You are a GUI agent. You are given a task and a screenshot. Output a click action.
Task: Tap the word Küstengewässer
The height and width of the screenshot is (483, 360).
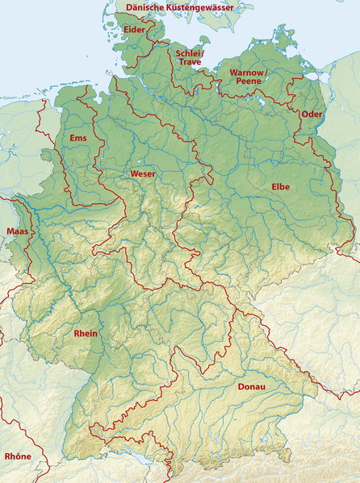(x=202, y=7)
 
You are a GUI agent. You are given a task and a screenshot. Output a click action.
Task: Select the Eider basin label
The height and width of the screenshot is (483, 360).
(x=135, y=30)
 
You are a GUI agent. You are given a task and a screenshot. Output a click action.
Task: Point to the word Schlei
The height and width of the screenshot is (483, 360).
(x=186, y=53)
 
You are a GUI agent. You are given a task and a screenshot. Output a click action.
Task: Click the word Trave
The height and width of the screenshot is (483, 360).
(x=190, y=62)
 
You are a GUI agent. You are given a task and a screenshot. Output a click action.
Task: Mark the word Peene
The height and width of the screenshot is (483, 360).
(x=249, y=81)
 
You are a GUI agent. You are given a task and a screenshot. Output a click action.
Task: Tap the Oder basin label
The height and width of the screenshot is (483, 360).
(x=311, y=114)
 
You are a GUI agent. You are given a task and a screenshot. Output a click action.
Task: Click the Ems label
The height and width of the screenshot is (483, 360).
(x=77, y=139)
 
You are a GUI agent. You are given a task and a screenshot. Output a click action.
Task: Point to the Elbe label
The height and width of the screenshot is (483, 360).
(x=280, y=187)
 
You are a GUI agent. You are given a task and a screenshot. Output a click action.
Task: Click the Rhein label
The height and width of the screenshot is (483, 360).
(x=86, y=333)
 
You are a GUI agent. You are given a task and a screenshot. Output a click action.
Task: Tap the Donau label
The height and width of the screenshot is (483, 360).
(x=251, y=387)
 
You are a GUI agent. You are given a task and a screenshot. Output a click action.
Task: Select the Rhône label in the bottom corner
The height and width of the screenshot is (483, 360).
(x=18, y=456)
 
